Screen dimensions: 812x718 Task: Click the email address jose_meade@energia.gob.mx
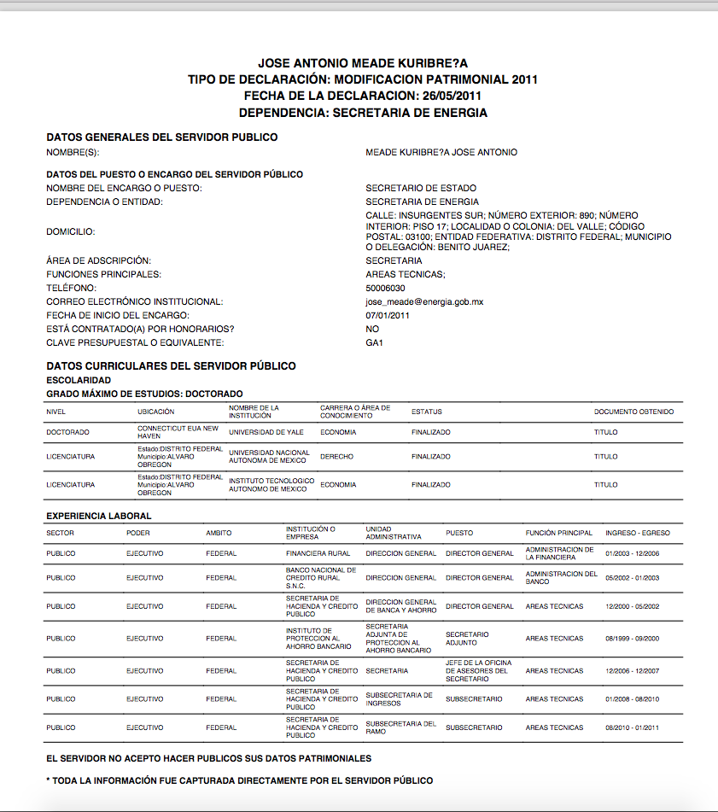424,301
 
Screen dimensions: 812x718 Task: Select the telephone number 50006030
385,288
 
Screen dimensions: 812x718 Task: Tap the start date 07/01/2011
388,315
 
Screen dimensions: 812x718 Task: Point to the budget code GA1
375,342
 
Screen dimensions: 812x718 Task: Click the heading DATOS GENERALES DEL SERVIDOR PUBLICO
161,137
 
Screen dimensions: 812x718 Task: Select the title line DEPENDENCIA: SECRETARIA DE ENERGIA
363,112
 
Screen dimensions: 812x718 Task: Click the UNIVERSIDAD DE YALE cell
266,432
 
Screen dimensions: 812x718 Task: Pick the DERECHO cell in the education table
336,457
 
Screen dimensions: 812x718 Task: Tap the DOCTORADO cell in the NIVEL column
67,432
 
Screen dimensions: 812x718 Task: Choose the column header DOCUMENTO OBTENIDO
633,412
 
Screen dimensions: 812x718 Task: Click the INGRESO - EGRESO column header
637,533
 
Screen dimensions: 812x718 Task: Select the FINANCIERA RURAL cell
318,553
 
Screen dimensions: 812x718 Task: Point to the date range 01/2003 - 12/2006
632,553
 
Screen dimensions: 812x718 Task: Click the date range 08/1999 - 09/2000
632,639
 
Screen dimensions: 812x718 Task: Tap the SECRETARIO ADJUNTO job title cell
467,639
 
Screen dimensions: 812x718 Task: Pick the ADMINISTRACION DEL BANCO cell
561,577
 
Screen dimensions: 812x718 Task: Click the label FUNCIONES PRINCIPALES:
103,274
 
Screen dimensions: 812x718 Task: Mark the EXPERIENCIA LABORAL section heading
99,516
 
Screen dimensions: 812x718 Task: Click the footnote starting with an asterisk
240,780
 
